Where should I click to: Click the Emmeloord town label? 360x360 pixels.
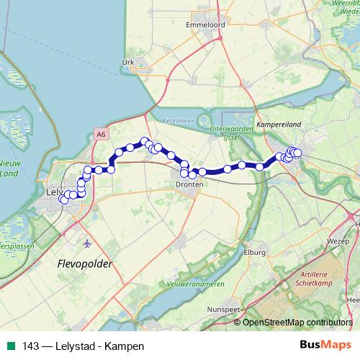coord(206,24)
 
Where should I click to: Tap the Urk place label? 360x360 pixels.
coord(129,63)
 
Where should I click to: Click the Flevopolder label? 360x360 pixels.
coord(84,264)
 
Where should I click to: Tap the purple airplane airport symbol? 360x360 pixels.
coord(88,242)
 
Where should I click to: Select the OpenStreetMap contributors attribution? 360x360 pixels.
coord(297,323)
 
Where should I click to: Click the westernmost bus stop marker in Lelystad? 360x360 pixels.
coord(63,199)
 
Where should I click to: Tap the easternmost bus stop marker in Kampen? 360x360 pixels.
coord(297,153)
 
